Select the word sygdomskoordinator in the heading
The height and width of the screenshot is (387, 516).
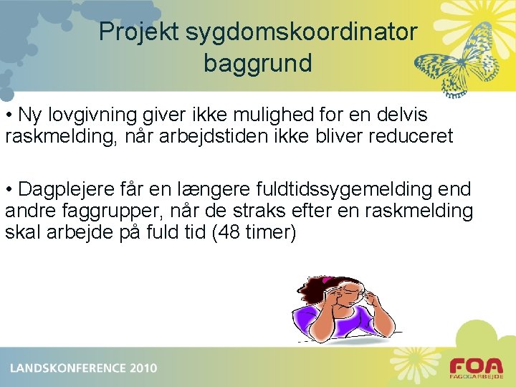(300, 32)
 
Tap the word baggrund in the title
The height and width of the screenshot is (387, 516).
(257, 63)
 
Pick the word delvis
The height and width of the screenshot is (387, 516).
(401, 115)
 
